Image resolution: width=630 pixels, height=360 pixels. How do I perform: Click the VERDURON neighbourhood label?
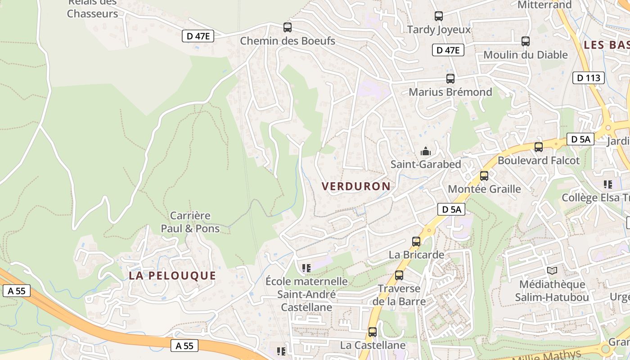pos(356,186)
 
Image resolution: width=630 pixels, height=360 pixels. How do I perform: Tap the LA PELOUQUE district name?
pos(172,275)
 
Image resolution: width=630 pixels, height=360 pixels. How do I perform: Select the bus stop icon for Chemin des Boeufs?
pos(288,27)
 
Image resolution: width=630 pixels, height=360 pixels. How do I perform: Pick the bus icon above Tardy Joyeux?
pos(439,16)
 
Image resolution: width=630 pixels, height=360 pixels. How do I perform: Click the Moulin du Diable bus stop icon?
pos(525,41)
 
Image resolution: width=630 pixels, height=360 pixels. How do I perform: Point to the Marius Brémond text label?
pos(450,92)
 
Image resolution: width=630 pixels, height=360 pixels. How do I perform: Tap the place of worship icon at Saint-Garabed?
pos(425,151)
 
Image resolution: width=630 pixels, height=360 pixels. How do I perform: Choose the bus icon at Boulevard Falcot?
pos(538,147)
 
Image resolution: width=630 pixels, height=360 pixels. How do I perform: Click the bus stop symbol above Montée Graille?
pos(484,176)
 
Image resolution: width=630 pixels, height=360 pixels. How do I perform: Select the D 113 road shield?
pos(589,78)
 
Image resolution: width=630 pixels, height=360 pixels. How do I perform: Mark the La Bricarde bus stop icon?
pos(416,242)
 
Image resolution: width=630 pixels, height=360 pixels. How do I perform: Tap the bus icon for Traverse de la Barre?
pos(399,275)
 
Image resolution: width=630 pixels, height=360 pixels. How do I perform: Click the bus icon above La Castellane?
pos(373,332)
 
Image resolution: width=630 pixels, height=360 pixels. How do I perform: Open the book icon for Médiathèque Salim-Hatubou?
pos(552,270)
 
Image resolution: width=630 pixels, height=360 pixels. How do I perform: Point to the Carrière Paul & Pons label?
pos(190,222)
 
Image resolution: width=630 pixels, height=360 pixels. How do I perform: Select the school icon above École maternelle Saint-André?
pos(306,268)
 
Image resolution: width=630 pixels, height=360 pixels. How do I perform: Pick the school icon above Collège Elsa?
pos(607,184)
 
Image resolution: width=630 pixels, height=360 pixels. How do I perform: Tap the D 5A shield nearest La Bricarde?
pos(451,209)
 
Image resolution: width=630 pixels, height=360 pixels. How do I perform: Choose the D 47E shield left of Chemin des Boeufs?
pos(198,36)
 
